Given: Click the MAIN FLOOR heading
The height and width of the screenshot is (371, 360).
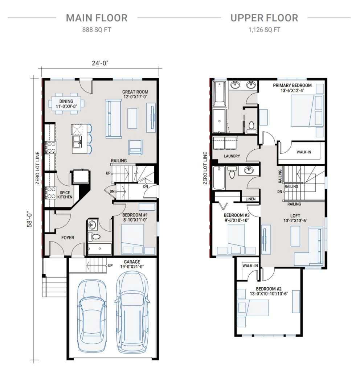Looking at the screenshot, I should pos(97,18).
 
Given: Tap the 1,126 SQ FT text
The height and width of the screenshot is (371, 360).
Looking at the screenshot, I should pos(264,30).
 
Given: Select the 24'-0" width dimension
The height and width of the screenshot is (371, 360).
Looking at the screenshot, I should pos(100,63).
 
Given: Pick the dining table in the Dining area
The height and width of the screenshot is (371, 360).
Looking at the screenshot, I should pos(66,104).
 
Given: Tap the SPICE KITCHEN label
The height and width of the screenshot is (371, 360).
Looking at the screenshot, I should pos(65,195).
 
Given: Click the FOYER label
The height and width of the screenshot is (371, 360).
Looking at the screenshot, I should pos(67,238).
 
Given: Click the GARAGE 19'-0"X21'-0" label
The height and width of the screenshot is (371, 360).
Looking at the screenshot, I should pos(131,264).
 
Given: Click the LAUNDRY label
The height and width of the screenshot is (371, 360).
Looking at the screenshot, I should pos(232,156).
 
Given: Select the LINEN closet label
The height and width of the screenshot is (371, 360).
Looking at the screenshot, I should pos(250,199).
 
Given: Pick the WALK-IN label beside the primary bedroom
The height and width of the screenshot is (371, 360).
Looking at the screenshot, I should pos(304,152).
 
